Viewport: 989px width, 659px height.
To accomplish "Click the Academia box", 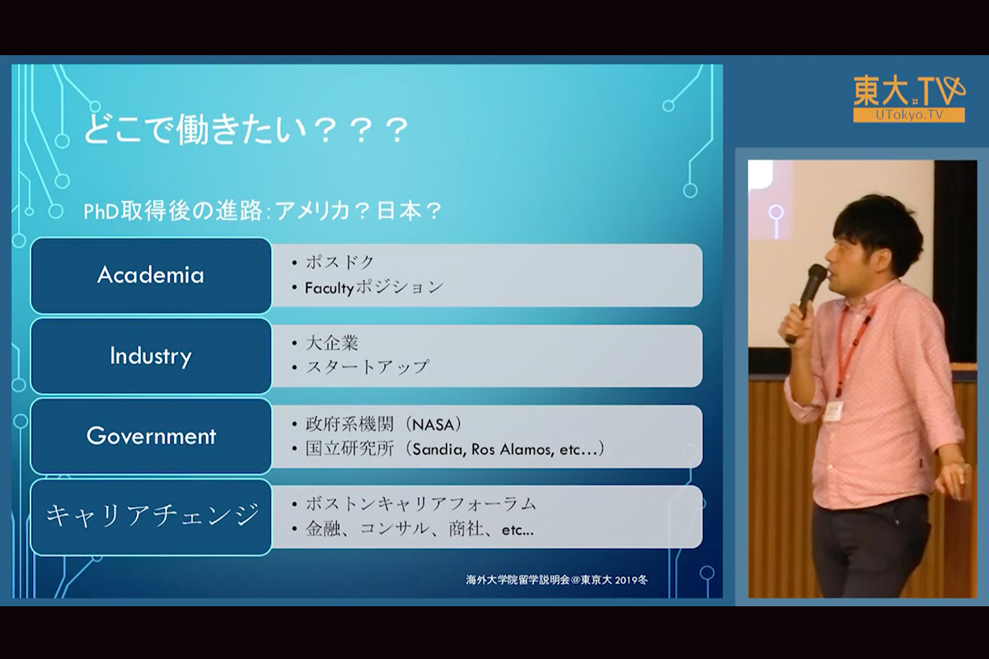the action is pyautogui.click(x=151, y=275).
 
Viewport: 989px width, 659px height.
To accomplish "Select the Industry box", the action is pyautogui.click(x=151, y=356).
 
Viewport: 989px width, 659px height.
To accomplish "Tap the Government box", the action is pyautogui.click(x=151, y=436).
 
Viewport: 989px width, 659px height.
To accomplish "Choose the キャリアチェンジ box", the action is pyautogui.click(x=151, y=516).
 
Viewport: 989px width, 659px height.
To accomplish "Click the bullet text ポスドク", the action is pyautogui.click(x=340, y=262).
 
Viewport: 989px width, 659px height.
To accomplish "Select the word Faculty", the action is pyautogui.click(x=330, y=288).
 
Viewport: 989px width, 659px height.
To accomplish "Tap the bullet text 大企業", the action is pyautogui.click(x=331, y=343).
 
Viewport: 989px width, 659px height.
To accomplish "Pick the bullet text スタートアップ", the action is pyautogui.click(x=367, y=367).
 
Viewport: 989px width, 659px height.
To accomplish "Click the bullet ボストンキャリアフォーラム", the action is pyautogui.click(x=421, y=504).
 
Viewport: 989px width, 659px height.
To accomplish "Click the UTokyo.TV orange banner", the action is pyautogui.click(x=908, y=115).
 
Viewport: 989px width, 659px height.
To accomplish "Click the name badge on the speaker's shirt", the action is pyautogui.click(x=833, y=411).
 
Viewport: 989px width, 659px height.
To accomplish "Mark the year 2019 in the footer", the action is pyautogui.click(x=626, y=580).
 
